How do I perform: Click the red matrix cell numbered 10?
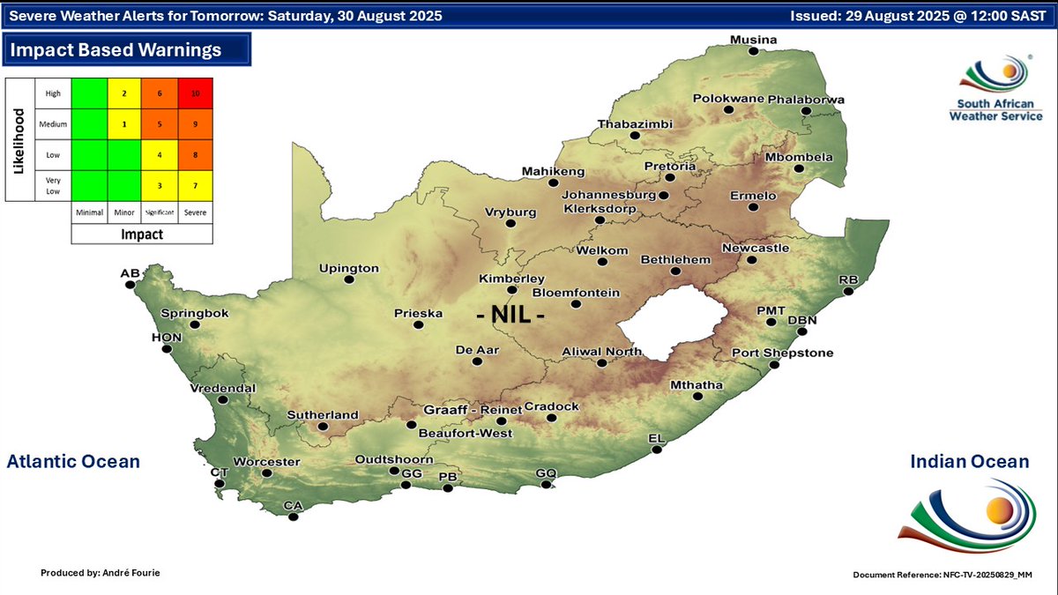coord(196,93)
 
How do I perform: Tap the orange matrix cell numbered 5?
coord(160,124)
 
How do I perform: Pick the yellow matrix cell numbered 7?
coord(196,185)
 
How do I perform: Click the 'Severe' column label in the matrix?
coord(196,212)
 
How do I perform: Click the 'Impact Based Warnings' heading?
coord(115,50)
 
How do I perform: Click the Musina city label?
coord(753,41)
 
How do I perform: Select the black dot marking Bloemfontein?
coord(575,304)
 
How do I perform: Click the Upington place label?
coord(348,268)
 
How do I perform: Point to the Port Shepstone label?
coord(782,353)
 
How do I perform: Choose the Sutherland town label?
coord(323,415)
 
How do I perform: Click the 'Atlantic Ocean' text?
coord(73,462)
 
